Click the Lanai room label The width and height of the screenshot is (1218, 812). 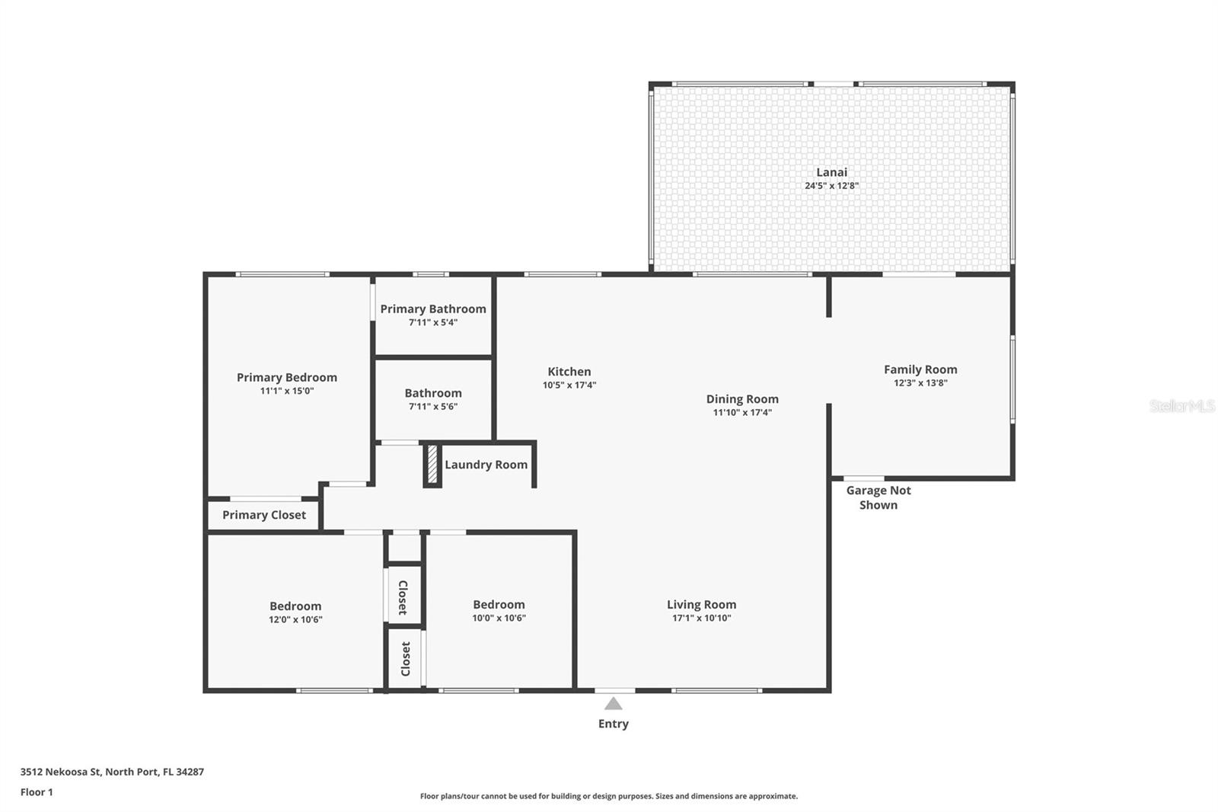click(x=831, y=172)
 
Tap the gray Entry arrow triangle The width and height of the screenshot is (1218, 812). click(x=614, y=704)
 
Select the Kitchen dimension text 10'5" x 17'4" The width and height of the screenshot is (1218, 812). click(x=569, y=385)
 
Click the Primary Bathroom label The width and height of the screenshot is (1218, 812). click(x=433, y=309)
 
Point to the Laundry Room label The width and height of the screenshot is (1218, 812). click(x=486, y=465)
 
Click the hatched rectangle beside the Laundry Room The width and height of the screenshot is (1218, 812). click(x=432, y=464)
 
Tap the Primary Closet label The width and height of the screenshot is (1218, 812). click(x=263, y=515)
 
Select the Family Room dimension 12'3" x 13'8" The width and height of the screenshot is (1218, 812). click(x=920, y=382)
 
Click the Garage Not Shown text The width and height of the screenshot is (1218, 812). click(x=878, y=497)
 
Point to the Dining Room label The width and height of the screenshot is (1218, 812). click(x=742, y=399)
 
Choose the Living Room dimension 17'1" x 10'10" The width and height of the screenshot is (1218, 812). click(x=701, y=618)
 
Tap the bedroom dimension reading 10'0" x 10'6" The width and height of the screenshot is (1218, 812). click(x=499, y=618)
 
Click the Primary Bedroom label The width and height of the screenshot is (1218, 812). click(x=286, y=377)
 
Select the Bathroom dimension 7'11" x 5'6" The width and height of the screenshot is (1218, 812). click(x=433, y=407)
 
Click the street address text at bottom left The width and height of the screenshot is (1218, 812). click(x=112, y=772)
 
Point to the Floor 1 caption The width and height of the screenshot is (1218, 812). click(x=37, y=792)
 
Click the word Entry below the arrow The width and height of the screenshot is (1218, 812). click(x=614, y=724)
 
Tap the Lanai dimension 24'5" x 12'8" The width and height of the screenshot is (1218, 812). click(x=831, y=186)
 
